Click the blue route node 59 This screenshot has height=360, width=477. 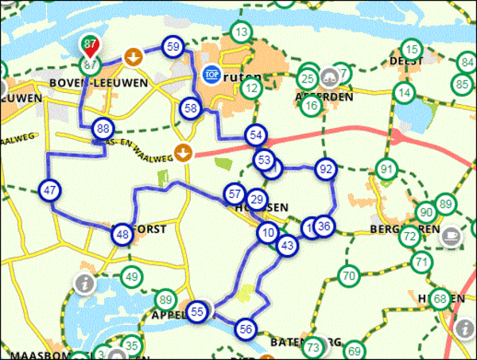[x=174, y=47]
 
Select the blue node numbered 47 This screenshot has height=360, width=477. [x=49, y=190]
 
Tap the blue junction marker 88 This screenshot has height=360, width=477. [x=102, y=129]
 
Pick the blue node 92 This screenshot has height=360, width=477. [x=324, y=168]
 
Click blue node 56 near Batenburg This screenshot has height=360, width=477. [x=246, y=328]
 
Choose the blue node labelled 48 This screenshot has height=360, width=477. [x=122, y=234]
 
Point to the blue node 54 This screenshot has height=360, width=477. [x=256, y=135]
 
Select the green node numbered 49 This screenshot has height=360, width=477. [x=131, y=277]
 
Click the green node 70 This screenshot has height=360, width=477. [x=348, y=277]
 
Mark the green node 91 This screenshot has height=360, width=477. [x=387, y=169]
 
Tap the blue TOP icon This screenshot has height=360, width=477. [x=211, y=74]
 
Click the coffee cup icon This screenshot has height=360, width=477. [x=452, y=235]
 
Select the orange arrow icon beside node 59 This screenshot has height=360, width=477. [x=134, y=57]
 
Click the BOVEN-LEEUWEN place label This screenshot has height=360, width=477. [x=87, y=83]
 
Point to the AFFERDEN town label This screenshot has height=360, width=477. [x=324, y=96]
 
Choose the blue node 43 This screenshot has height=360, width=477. [x=288, y=246]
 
